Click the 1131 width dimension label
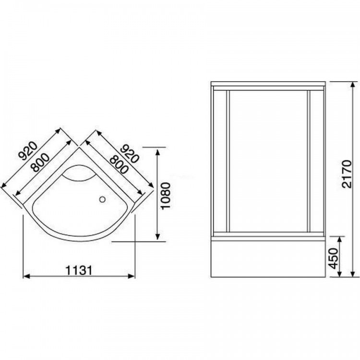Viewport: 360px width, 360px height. [x=79, y=270]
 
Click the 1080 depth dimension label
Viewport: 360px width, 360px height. [x=166, y=196]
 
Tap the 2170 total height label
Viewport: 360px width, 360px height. [x=347, y=174]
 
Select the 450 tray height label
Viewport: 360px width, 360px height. [x=334, y=258]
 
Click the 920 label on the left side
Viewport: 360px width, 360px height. [x=28, y=151]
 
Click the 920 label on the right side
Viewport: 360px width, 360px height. [x=130, y=154]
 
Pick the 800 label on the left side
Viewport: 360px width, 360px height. [x=41, y=163]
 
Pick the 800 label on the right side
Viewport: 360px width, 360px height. [x=119, y=164]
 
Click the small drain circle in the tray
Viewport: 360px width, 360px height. [x=102, y=199]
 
